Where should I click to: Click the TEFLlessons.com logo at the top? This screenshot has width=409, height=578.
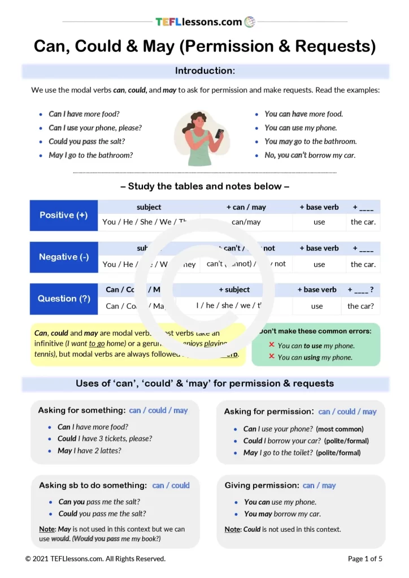pos(205,22)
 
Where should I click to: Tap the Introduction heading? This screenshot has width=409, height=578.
pos(204,71)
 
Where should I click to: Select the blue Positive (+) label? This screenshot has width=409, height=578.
pos(63,215)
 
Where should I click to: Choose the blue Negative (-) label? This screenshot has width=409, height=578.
pos(63,257)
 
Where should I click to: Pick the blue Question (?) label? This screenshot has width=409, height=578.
pos(63,299)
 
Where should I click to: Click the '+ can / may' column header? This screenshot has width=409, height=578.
pos(246,207)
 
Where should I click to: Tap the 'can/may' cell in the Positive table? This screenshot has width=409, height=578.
pos(246,222)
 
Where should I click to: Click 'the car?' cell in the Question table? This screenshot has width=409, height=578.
pos(360,306)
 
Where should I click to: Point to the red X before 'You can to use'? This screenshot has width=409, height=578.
pos(271,345)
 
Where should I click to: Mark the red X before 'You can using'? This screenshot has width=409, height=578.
pos(271,357)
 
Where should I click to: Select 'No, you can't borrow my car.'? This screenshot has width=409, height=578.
pos(310,155)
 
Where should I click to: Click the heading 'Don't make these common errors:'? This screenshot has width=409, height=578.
pos(315,331)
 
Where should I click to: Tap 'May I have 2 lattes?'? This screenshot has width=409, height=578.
pos(89,450)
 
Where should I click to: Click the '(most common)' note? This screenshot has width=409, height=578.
pos(340,429)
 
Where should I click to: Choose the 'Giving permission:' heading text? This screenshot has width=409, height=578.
pos(262,485)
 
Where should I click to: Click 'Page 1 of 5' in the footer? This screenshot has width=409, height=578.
pos(365,559)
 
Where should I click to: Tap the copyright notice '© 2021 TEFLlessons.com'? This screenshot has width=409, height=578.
pos(95,559)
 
